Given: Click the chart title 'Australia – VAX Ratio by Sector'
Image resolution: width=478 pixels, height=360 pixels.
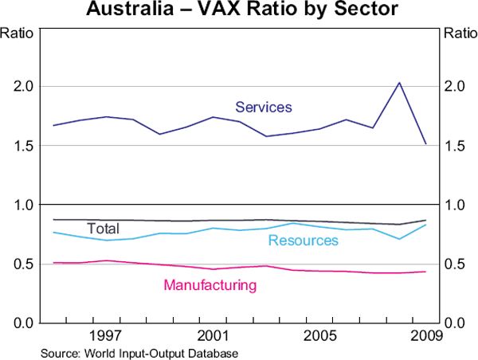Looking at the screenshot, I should coord(238,11).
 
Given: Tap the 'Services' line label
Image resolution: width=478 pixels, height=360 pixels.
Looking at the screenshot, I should coord(263,107).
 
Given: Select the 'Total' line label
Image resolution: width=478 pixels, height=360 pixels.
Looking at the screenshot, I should coord(103,229).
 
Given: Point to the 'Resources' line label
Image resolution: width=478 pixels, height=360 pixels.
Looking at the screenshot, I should coord(303,241).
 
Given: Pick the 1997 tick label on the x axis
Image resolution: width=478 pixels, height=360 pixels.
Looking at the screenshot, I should coord(108,334).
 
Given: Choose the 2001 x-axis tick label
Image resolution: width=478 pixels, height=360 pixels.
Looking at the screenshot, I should coord(213,334).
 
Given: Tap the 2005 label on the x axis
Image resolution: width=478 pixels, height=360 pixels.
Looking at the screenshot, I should coord(319,334).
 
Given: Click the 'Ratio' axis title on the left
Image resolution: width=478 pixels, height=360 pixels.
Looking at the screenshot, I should coord(15,33).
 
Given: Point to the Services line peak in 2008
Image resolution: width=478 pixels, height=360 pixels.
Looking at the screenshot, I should coord(399,83).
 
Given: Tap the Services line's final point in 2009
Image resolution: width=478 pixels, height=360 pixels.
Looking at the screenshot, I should coord(426,144).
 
